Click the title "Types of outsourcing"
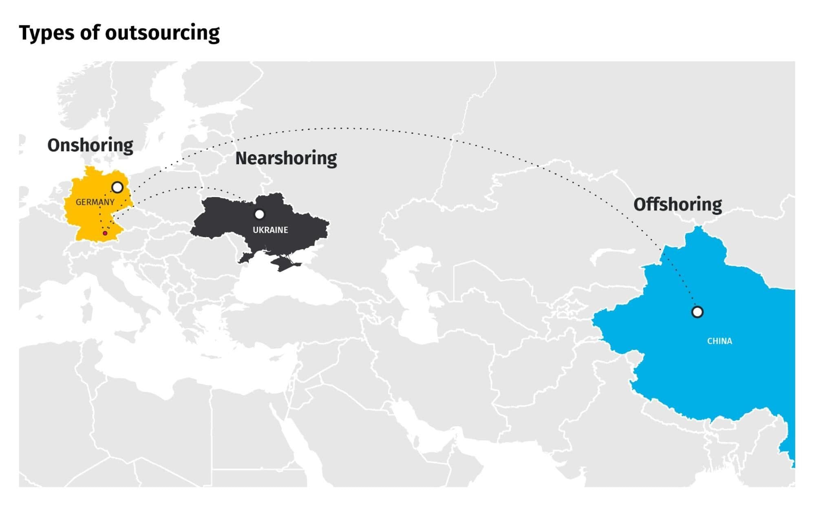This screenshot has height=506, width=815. point(119,33)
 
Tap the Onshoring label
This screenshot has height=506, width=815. point(90,145)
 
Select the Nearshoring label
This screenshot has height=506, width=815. point(286,158)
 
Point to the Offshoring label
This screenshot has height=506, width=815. point(677,204)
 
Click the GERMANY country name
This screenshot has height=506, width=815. point(95,202)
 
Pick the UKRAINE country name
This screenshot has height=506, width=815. point(270,230)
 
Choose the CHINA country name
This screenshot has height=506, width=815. point(719,341)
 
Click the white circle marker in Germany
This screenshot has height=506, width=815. point(117,188)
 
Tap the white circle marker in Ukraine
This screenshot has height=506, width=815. point(259,214)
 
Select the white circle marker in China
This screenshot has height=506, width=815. point(697,312)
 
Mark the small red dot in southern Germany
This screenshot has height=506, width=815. point(105,233)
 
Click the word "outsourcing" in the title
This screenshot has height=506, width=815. point(162,33)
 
